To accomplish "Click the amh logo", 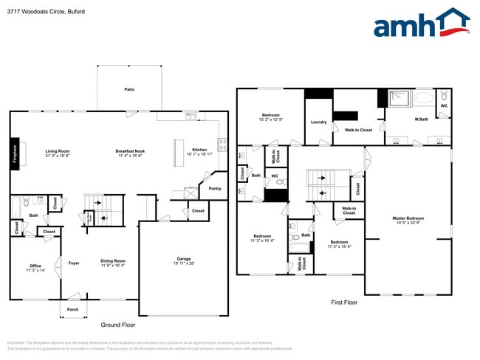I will pos(421,24).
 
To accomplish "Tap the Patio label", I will pos(129,89).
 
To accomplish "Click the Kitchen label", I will pos(199,150).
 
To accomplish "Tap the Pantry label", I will pos(215,188).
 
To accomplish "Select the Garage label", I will pos(183,259).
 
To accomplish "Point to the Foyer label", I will pos(74,263).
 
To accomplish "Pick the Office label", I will pos(35,266).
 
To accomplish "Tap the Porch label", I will pos(73,309).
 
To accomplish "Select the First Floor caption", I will pos(343,302).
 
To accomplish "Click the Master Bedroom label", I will pos(408,218).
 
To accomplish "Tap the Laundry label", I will pos(319,122).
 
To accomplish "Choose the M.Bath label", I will pos(422,120).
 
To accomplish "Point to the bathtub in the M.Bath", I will pos(424,98).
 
